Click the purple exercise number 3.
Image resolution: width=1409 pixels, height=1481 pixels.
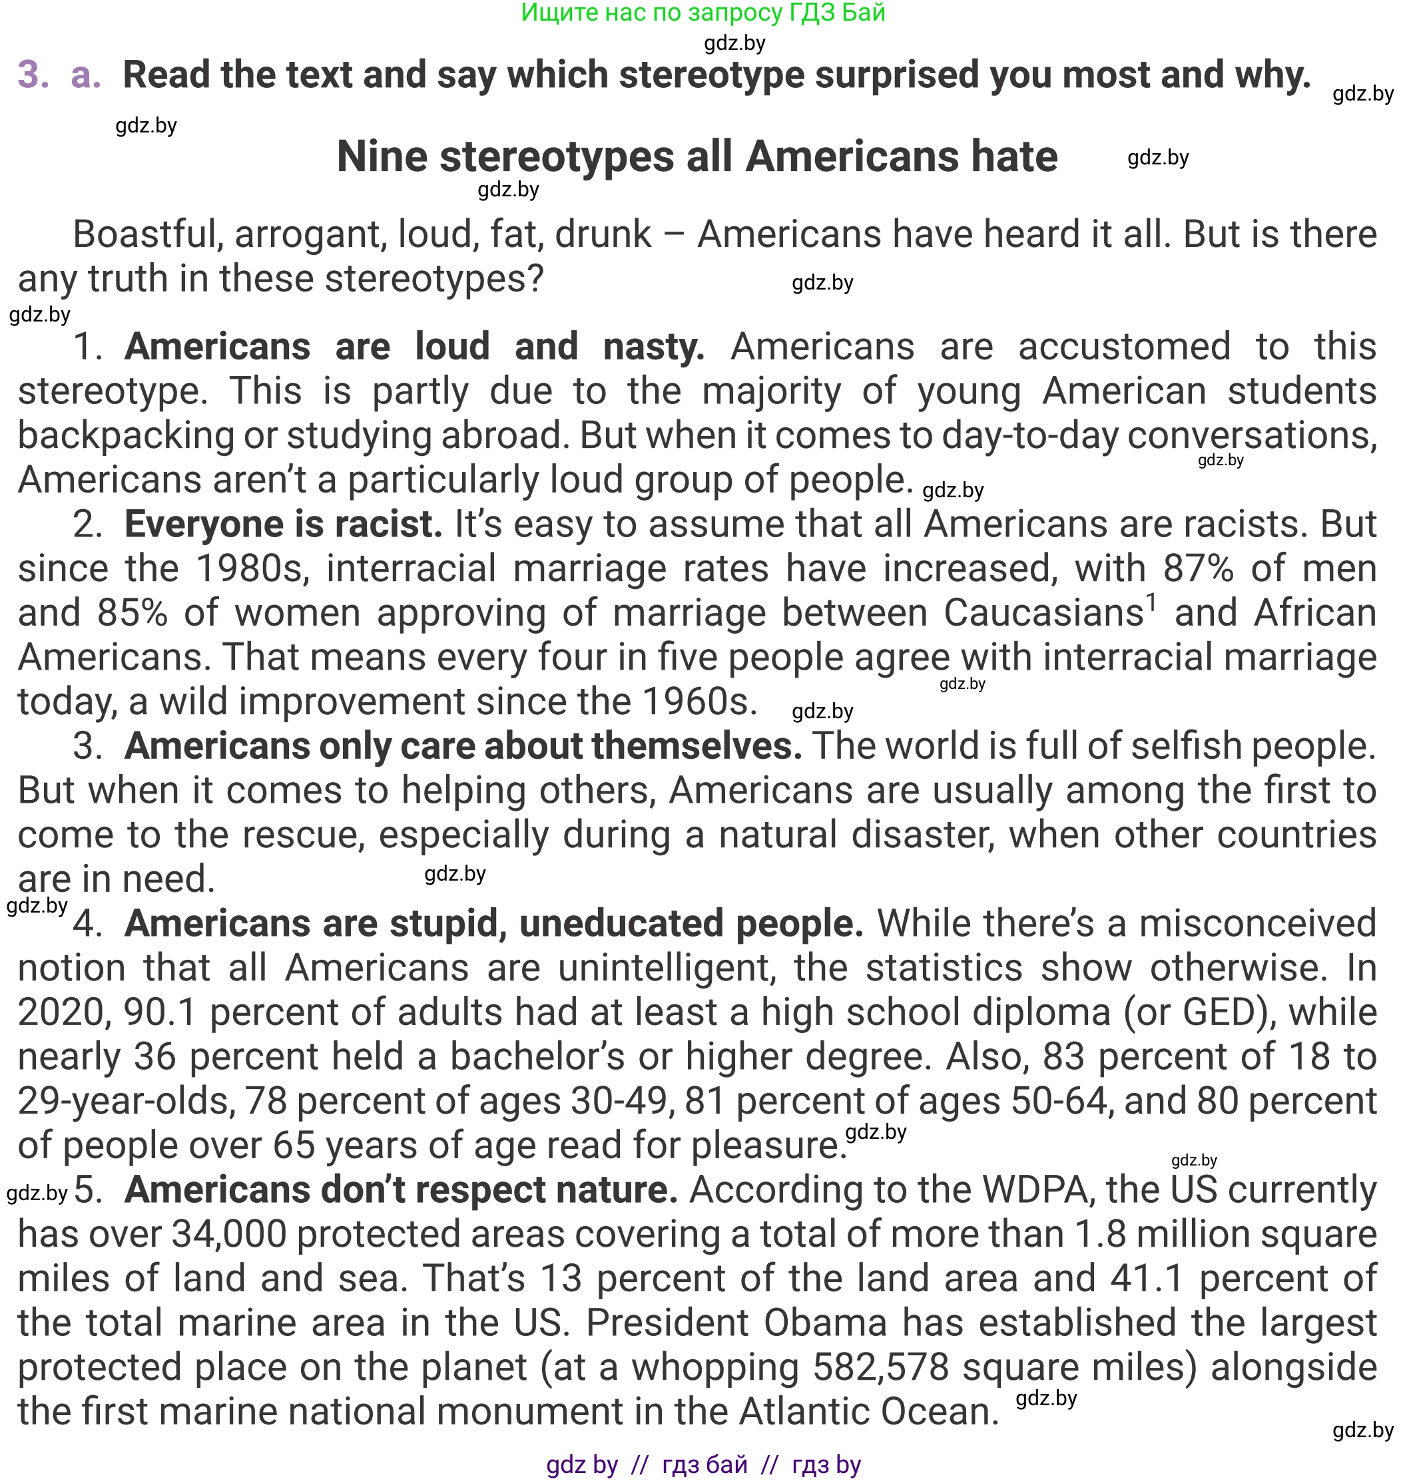pyautogui.click(x=33, y=75)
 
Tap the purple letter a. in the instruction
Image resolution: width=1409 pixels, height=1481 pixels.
pyautogui.click(x=86, y=75)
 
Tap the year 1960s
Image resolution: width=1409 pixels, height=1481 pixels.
pyautogui.click(x=699, y=702)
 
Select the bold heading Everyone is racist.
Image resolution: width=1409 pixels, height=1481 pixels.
pyautogui.click(x=283, y=524)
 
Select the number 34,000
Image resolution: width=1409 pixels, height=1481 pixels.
pyautogui.click(x=229, y=1234)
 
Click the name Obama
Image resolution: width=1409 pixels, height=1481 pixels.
pyautogui.click(x=826, y=1323)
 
